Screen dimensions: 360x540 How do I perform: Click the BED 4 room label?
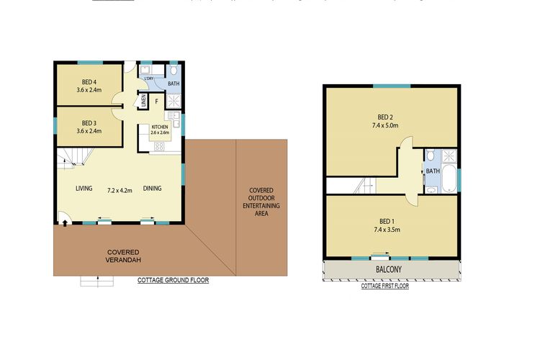tap(89, 81)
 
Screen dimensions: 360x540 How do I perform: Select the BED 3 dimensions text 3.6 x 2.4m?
tap(89, 131)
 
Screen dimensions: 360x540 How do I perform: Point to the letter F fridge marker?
tap(156, 102)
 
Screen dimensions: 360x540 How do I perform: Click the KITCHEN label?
tap(159, 127)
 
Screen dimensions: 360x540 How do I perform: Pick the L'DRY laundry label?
tap(149, 78)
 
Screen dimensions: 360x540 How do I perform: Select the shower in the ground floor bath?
tap(175, 98)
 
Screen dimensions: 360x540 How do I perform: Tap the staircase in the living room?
tap(72, 160)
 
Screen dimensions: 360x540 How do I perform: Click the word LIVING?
tap(84, 189)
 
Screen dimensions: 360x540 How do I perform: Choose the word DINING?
tap(151, 189)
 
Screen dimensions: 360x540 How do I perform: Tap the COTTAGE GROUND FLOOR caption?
tap(173, 280)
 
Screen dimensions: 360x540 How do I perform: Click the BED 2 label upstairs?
tap(385, 117)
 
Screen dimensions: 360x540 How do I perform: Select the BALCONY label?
tap(390, 270)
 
